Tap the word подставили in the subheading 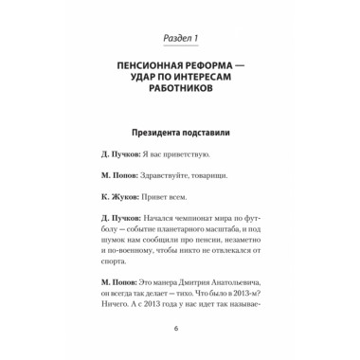pos(210,135)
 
